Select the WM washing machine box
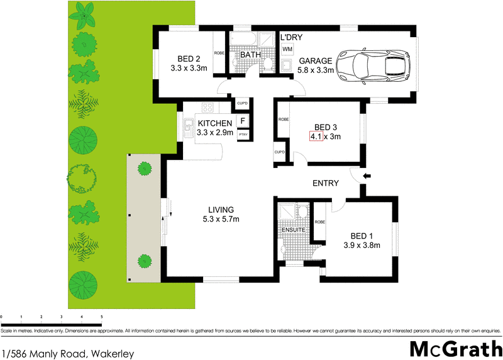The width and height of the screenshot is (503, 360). click(x=287, y=49)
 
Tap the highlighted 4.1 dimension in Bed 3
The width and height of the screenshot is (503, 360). click(x=316, y=136)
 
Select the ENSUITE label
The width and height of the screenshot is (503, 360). click(x=294, y=230)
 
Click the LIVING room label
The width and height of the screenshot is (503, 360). click(x=221, y=210)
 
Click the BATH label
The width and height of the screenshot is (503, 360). click(x=250, y=55)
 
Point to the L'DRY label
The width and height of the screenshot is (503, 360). click(x=291, y=38)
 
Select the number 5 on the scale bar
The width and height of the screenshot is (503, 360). click(x=102, y=317)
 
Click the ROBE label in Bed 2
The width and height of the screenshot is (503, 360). click(x=219, y=53)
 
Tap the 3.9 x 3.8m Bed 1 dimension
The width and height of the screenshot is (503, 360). click(x=362, y=246)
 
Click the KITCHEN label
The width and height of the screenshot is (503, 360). click(x=215, y=123)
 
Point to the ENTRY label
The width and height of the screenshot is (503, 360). click(x=326, y=184)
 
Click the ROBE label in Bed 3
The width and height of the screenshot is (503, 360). click(x=284, y=119)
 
